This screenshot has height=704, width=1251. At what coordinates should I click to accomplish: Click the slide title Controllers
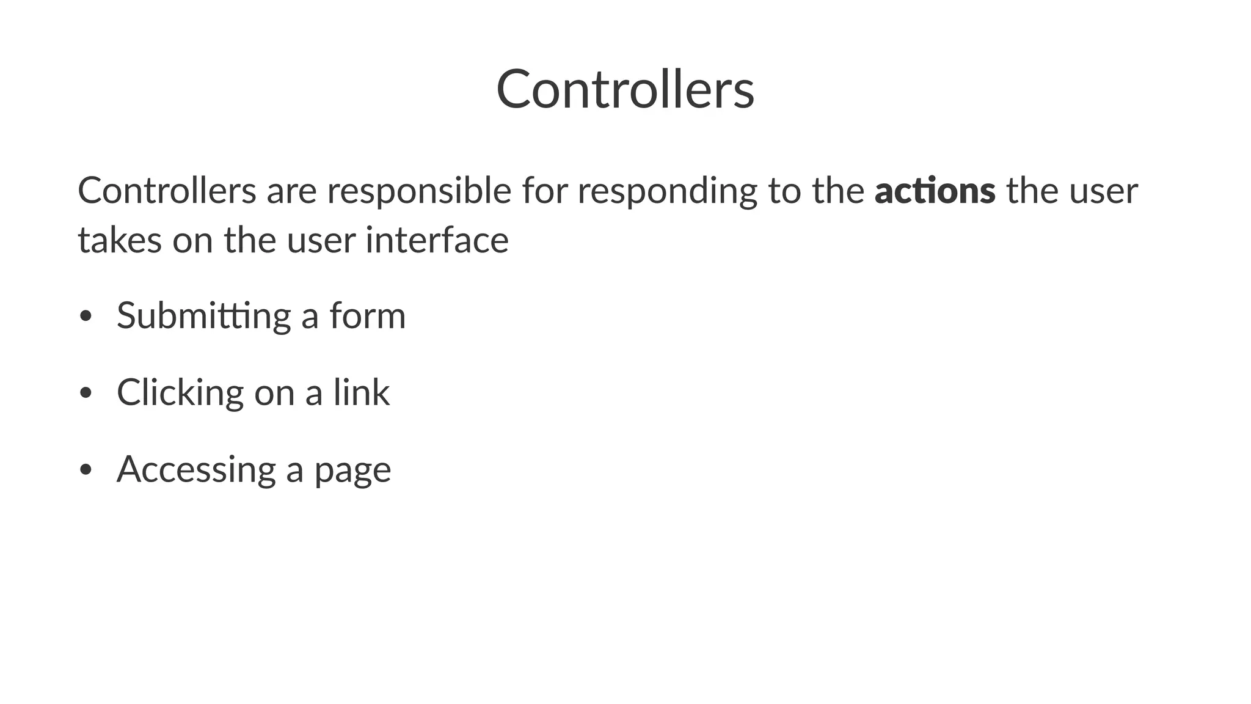pyautogui.click(x=625, y=90)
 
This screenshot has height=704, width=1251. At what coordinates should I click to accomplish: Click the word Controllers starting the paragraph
pyautogui.click(x=167, y=190)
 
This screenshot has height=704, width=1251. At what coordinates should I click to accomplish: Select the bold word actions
pyautogui.click(x=935, y=190)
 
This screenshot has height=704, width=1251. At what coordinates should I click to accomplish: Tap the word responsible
pyautogui.click(x=418, y=191)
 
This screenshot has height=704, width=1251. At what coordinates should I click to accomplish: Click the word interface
pyautogui.click(x=437, y=240)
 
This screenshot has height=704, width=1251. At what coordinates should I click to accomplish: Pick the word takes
pyautogui.click(x=120, y=240)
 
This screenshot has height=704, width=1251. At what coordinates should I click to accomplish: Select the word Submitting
pyautogui.click(x=203, y=317)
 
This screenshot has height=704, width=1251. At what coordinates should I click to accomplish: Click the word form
pyautogui.click(x=367, y=315)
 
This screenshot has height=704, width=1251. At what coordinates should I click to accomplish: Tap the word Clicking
pyautogui.click(x=180, y=393)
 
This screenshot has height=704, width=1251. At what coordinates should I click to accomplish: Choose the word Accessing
pyautogui.click(x=196, y=470)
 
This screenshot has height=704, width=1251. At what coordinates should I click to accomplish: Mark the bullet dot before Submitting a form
pyautogui.click(x=86, y=317)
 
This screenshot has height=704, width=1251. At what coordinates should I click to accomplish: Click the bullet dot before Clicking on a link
pyautogui.click(x=86, y=394)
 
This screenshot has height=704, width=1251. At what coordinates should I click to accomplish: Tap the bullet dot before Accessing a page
pyautogui.click(x=86, y=470)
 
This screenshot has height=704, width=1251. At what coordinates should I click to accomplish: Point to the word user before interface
pyautogui.click(x=321, y=240)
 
